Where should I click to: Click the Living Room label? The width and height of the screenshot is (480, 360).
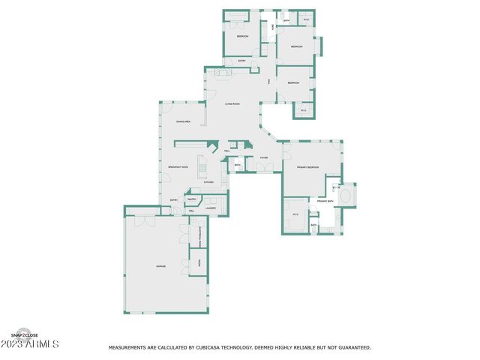click(x=232, y=103)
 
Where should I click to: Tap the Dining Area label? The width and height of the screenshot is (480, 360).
click(x=183, y=121)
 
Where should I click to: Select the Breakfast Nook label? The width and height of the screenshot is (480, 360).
click(x=178, y=167)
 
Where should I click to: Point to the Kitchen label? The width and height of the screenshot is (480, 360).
click(x=209, y=182)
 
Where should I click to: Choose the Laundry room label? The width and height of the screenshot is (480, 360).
click(x=211, y=208)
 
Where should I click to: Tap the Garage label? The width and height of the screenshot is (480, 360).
click(x=160, y=266)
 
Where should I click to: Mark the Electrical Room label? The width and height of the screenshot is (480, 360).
click(x=200, y=238)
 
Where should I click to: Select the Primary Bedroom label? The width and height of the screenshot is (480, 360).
click(x=307, y=167)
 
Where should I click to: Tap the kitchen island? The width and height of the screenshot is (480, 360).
click(x=201, y=166)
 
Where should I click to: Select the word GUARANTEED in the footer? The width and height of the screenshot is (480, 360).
click(x=351, y=348)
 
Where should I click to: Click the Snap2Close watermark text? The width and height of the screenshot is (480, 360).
click(x=24, y=335)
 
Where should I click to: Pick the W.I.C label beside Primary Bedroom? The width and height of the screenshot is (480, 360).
click(x=295, y=215)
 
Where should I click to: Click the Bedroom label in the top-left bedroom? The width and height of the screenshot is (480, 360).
click(x=242, y=36)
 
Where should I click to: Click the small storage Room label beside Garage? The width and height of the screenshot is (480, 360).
click(x=199, y=263)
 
